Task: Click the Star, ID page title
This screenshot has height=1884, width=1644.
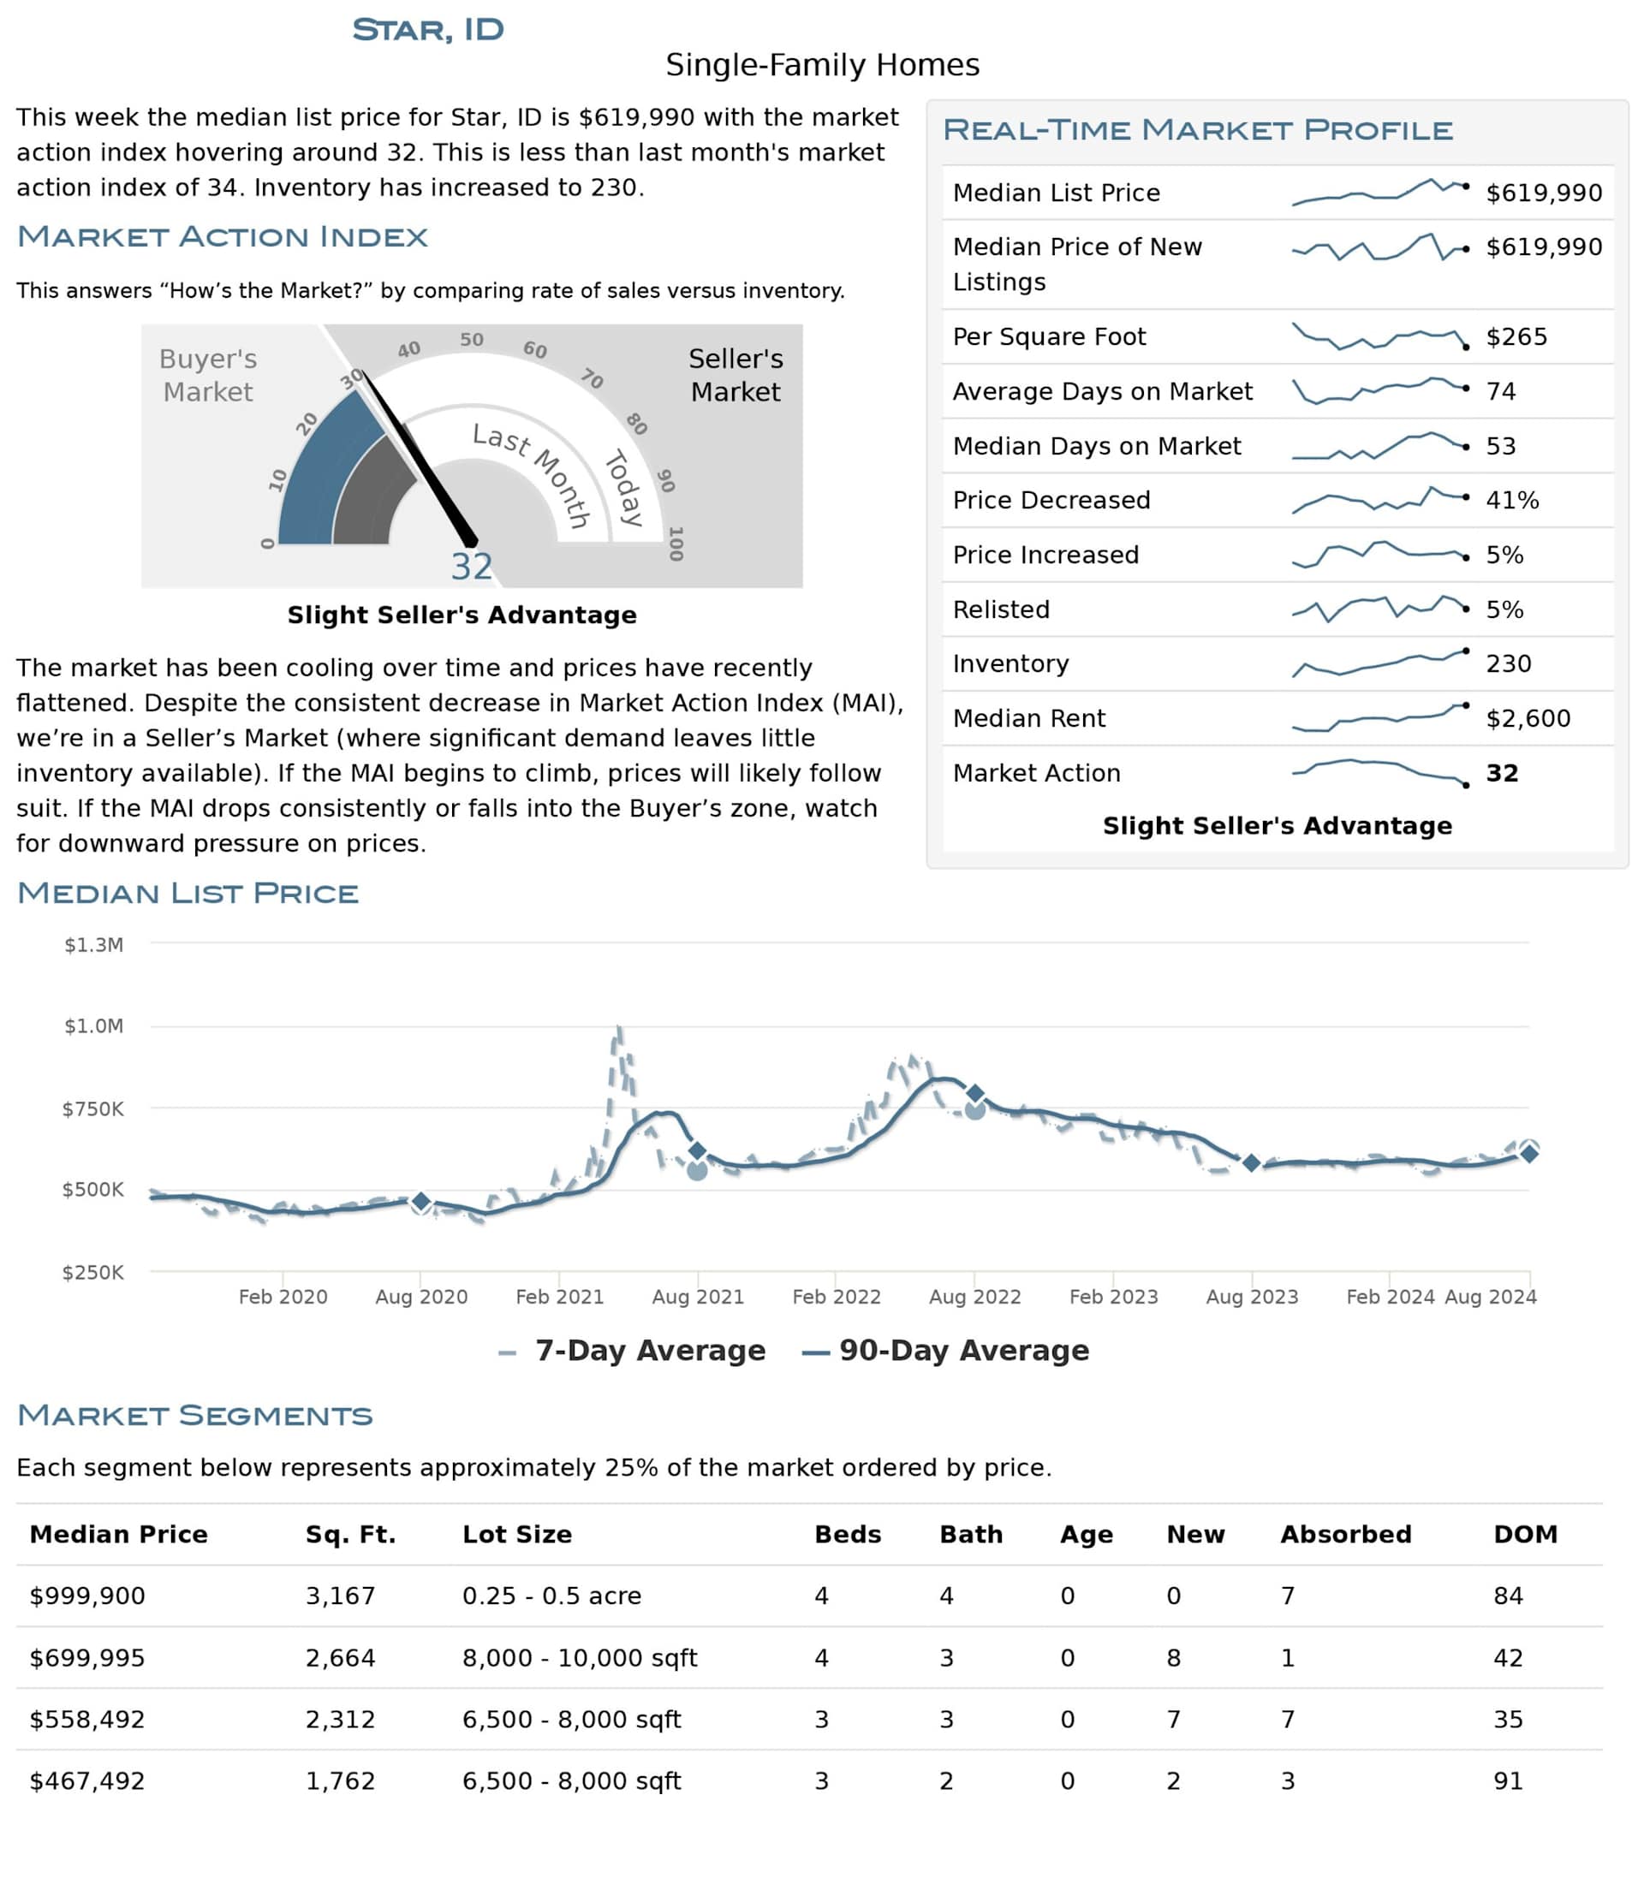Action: click(x=427, y=29)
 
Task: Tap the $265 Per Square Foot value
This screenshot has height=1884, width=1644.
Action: click(x=1516, y=336)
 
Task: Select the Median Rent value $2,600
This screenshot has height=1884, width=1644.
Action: click(x=1528, y=718)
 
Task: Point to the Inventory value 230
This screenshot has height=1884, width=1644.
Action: click(x=1508, y=663)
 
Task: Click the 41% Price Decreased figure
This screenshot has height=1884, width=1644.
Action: click(x=1512, y=500)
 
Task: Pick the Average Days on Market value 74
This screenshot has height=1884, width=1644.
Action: click(x=1501, y=392)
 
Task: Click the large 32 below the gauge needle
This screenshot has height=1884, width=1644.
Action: click(x=472, y=567)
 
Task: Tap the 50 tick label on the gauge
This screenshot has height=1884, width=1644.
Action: click(x=472, y=339)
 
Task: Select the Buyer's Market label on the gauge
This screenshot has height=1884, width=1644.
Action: click(x=208, y=375)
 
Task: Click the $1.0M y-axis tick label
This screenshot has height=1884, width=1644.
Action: click(x=93, y=1025)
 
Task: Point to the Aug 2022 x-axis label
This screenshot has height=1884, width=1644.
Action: click(x=974, y=1296)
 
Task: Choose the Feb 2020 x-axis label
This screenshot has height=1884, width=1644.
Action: click(x=283, y=1296)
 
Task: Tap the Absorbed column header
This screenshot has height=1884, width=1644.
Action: click(x=1345, y=1535)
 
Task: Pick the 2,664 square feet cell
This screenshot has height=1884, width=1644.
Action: click(x=341, y=1657)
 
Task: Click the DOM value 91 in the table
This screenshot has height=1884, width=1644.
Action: click(x=1507, y=1780)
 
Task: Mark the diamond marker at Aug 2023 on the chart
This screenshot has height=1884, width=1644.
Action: click(x=1251, y=1163)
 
